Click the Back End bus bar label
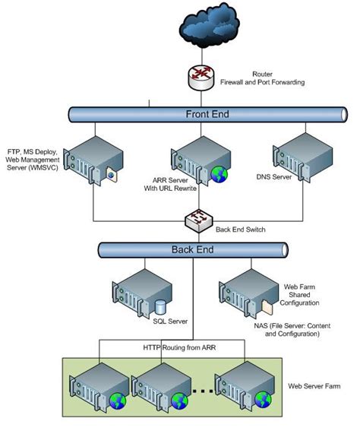coord(192,249)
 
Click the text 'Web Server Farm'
coord(314,386)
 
